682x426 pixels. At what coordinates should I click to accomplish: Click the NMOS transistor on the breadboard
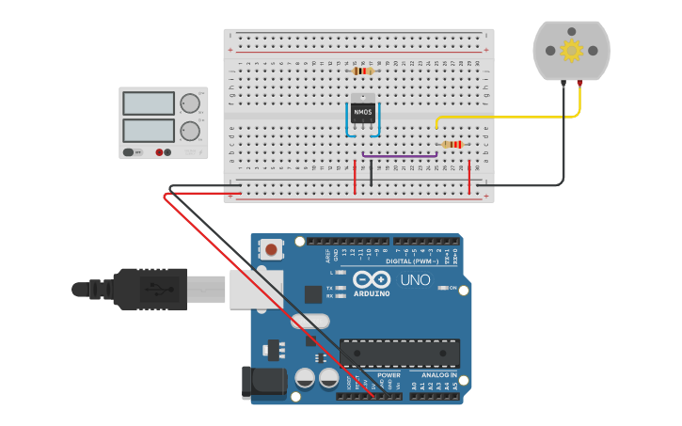[362, 112]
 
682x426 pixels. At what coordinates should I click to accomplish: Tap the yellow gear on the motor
[571, 50]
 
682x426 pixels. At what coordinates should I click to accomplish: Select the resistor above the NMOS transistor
[363, 71]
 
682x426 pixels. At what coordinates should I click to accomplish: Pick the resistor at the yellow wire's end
[452, 144]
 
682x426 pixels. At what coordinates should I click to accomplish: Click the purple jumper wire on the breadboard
[399, 155]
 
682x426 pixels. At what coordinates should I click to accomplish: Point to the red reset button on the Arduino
[271, 249]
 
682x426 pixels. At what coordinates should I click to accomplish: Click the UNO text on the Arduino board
[415, 279]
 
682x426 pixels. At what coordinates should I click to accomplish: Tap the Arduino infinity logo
[372, 279]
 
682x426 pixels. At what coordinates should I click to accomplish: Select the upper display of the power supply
[149, 103]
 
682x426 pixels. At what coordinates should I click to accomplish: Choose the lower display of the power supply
[149, 130]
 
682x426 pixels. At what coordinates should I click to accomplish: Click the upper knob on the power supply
[190, 103]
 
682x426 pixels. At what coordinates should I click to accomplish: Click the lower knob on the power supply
[190, 130]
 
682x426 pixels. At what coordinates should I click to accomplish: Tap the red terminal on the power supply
[168, 152]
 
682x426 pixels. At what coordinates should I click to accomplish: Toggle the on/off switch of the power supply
[130, 152]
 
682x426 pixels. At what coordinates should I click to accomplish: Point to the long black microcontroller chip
[400, 354]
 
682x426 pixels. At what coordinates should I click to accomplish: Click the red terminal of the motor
[579, 84]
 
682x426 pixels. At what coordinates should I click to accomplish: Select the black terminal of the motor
[563, 84]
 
